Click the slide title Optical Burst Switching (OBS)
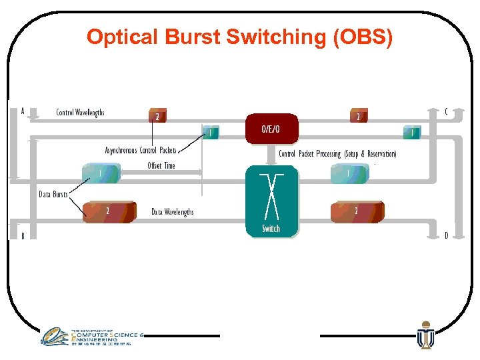click(240, 37)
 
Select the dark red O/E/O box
click(271, 129)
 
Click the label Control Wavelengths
click(80, 113)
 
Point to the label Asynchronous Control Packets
click(141, 151)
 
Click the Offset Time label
click(161, 165)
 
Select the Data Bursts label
click(53, 194)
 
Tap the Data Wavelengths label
click(172, 212)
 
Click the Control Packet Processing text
click(337, 154)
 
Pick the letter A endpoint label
click(23, 111)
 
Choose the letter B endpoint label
click(23, 236)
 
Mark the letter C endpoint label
click(446, 111)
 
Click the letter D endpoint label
click(446, 235)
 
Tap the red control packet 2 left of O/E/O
click(157, 116)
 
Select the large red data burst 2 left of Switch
click(109, 211)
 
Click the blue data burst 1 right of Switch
click(349, 174)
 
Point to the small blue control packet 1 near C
click(412, 133)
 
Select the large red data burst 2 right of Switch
click(357, 211)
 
